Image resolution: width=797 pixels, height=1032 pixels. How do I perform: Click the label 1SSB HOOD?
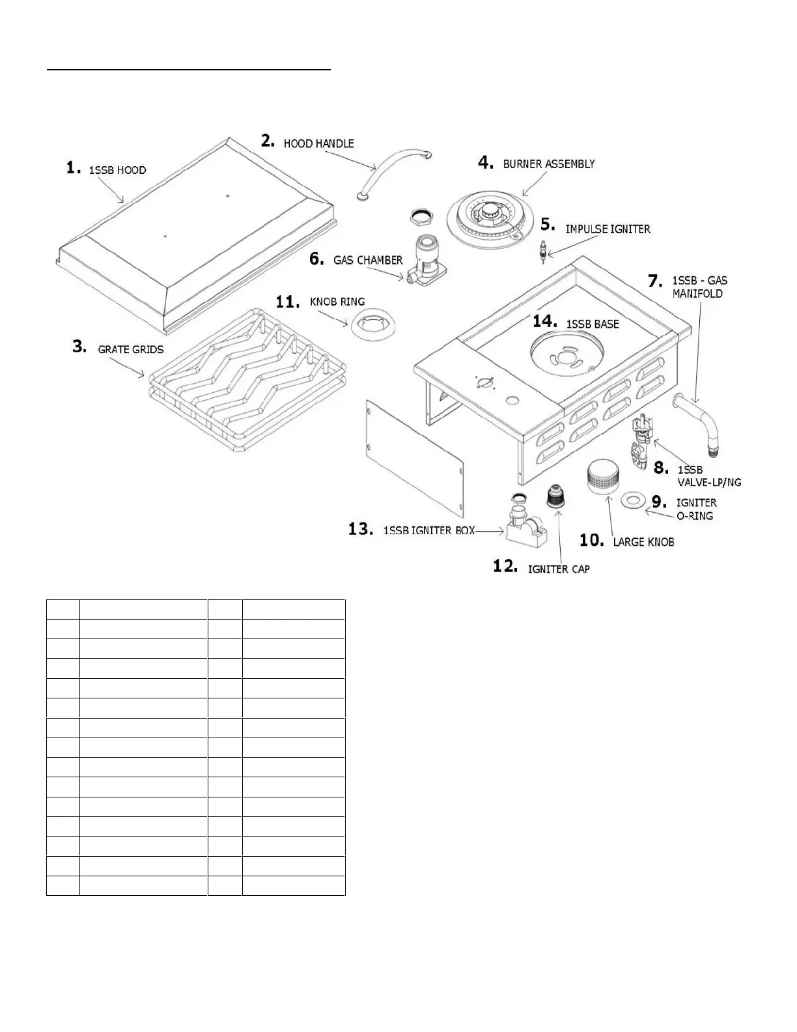point(117,170)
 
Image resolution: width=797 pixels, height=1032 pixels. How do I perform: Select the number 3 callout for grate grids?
point(79,347)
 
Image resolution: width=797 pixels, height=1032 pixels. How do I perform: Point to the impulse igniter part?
point(540,251)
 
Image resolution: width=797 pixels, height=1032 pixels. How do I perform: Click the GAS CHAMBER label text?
point(368,260)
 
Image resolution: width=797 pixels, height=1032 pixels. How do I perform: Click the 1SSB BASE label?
point(593,324)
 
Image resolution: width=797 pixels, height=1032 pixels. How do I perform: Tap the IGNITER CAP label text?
point(559,569)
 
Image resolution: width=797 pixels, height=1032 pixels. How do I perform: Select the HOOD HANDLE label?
point(318,143)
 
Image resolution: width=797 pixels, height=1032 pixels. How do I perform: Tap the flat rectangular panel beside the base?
point(413,456)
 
